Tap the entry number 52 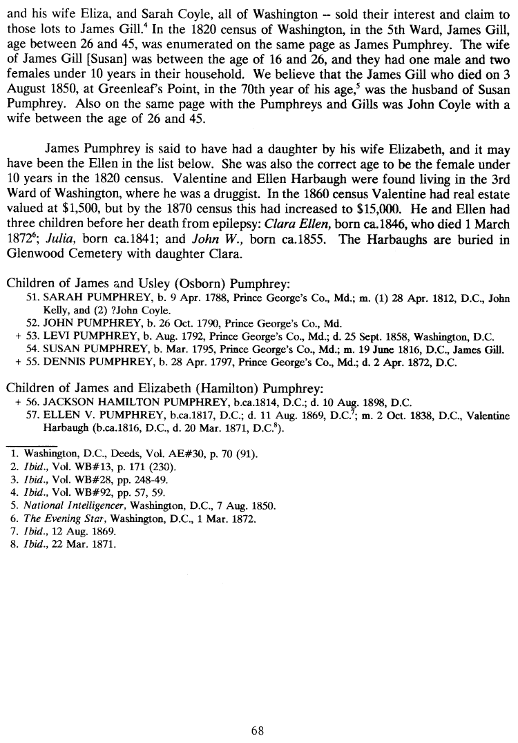pos(31,324)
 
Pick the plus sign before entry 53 pos(17,337)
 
